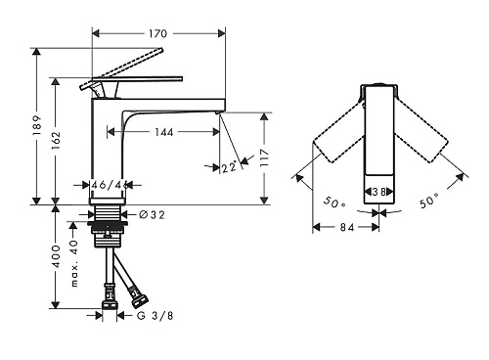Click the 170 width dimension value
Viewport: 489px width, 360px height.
point(158,33)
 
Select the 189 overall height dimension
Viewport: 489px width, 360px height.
point(37,126)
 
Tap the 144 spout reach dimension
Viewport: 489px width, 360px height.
point(164,132)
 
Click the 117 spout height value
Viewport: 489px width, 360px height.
point(264,157)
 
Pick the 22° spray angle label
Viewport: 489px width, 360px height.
point(229,167)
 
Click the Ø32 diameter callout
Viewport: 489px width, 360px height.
point(152,214)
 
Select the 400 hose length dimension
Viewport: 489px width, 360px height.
point(56,256)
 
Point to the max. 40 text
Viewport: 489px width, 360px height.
point(74,263)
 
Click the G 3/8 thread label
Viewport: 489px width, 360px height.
point(155,316)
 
